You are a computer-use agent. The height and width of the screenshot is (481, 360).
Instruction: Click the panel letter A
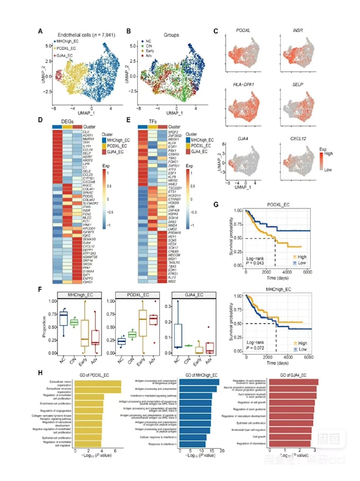pos(41,31)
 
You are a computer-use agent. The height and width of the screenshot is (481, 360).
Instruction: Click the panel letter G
pos(230,189)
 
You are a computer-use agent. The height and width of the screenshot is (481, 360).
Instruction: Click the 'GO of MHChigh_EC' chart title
pos(195,375)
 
